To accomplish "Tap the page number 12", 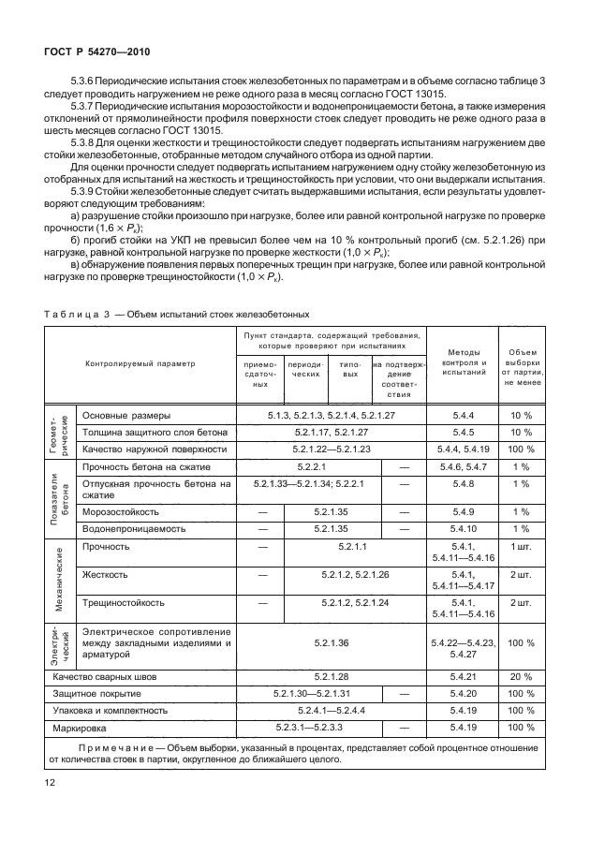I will point(49,779).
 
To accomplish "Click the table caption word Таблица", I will point(72,313).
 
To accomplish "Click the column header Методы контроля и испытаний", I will point(461,363).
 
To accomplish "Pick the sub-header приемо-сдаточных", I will point(261,373).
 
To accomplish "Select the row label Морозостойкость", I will point(125,512).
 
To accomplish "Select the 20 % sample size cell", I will point(521,675).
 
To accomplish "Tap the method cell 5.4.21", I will point(461,675).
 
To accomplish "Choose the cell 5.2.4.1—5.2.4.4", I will point(332,710).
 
